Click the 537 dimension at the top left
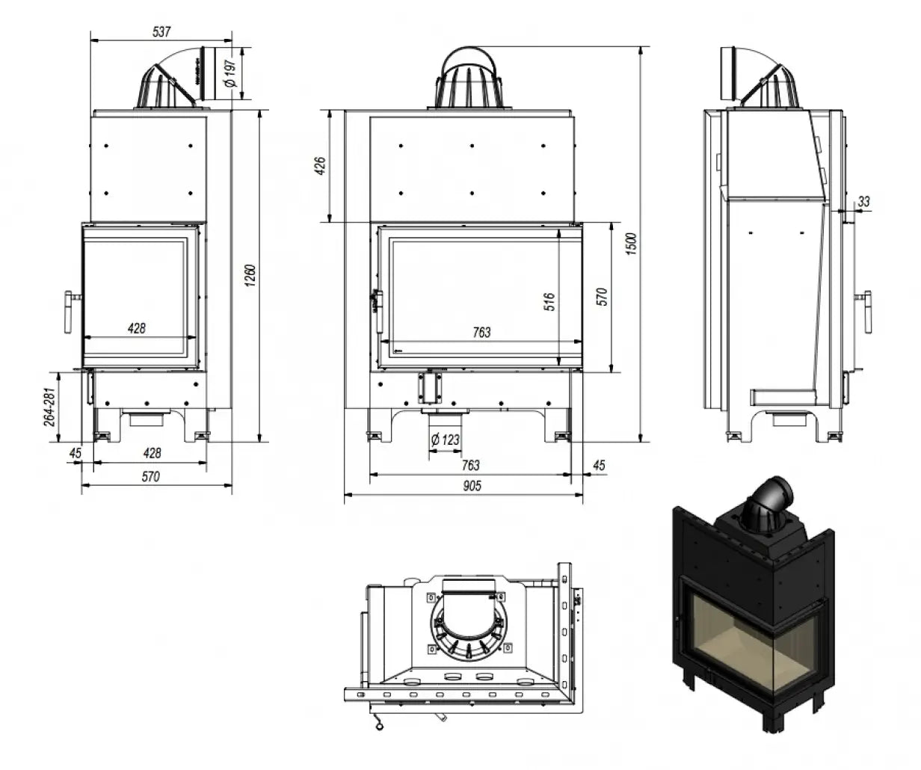(x=161, y=32)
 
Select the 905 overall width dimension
(x=472, y=486)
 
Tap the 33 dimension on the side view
(x=864, y=201)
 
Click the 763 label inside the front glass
(x=482, y=332)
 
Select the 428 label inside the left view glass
(x=135, y=327)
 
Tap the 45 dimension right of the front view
(x=598, y=465)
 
